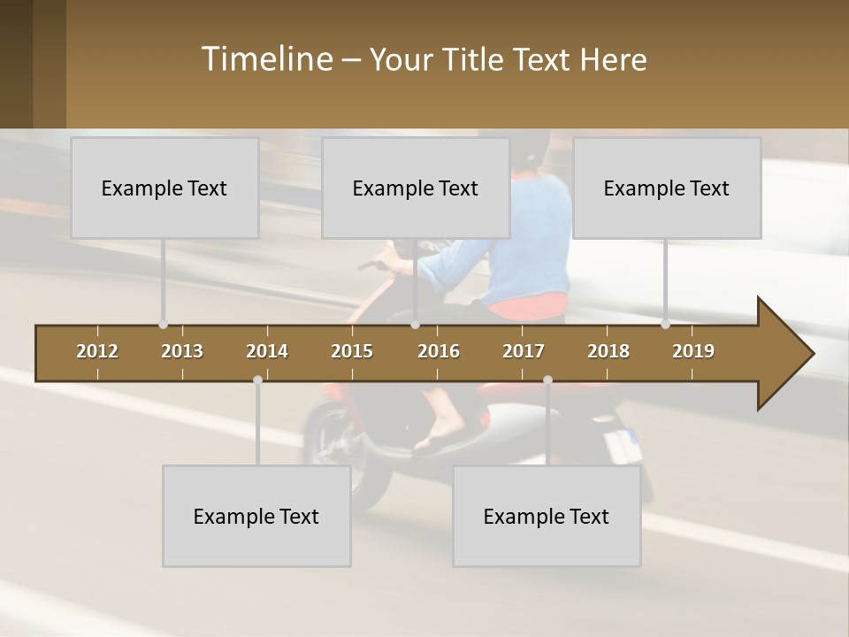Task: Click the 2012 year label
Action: pos(97,351)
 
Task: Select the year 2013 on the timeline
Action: pos(182,351)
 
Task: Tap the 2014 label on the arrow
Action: pos(267,351)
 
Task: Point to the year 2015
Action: pos(352,351)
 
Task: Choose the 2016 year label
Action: pos(439,351)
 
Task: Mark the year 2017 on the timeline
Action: pos(524,351)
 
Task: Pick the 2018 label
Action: pos(608,351)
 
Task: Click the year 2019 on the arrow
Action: pos(693,351)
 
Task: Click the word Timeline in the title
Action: pos(266,59)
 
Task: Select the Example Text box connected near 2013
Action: pos(164,188)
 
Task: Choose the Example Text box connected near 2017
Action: pos(547,516)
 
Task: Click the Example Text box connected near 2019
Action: pos(667,188)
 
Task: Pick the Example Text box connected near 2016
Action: pos(416,188)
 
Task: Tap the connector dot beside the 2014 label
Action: pos(257,380)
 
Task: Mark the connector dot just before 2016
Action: pos(416,325)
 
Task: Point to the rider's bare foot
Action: pos(438,434)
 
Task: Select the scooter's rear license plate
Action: pos(623,445)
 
